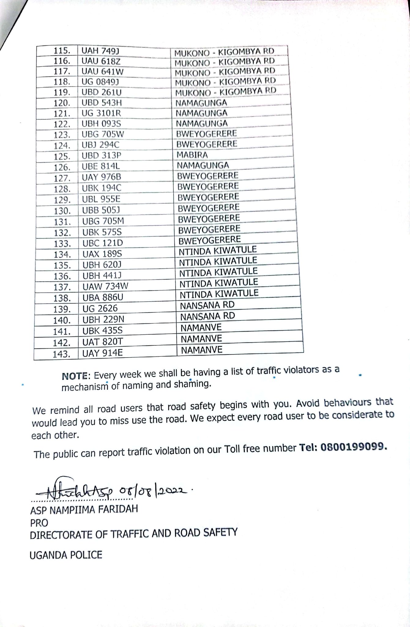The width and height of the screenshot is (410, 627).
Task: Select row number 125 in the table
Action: tap(62, 156)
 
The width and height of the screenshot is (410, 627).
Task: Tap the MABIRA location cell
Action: tap(192, 155)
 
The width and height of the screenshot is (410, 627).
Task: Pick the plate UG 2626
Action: tap(100, 309)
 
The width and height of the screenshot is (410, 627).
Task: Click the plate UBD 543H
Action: tap(102, 103)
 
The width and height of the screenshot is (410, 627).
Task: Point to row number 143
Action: tap(61, 354)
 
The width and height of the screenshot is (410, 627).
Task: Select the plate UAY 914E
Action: tap(102, 353)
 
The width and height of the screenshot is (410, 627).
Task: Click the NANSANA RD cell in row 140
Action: tap(207, 316)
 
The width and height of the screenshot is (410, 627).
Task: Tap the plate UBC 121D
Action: tap(102, 243)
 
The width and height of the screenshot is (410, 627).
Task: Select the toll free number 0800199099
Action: tap(352, 447)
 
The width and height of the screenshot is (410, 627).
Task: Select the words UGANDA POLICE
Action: tap(66, 555)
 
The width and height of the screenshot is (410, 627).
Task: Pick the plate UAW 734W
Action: tap(105, 287)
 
